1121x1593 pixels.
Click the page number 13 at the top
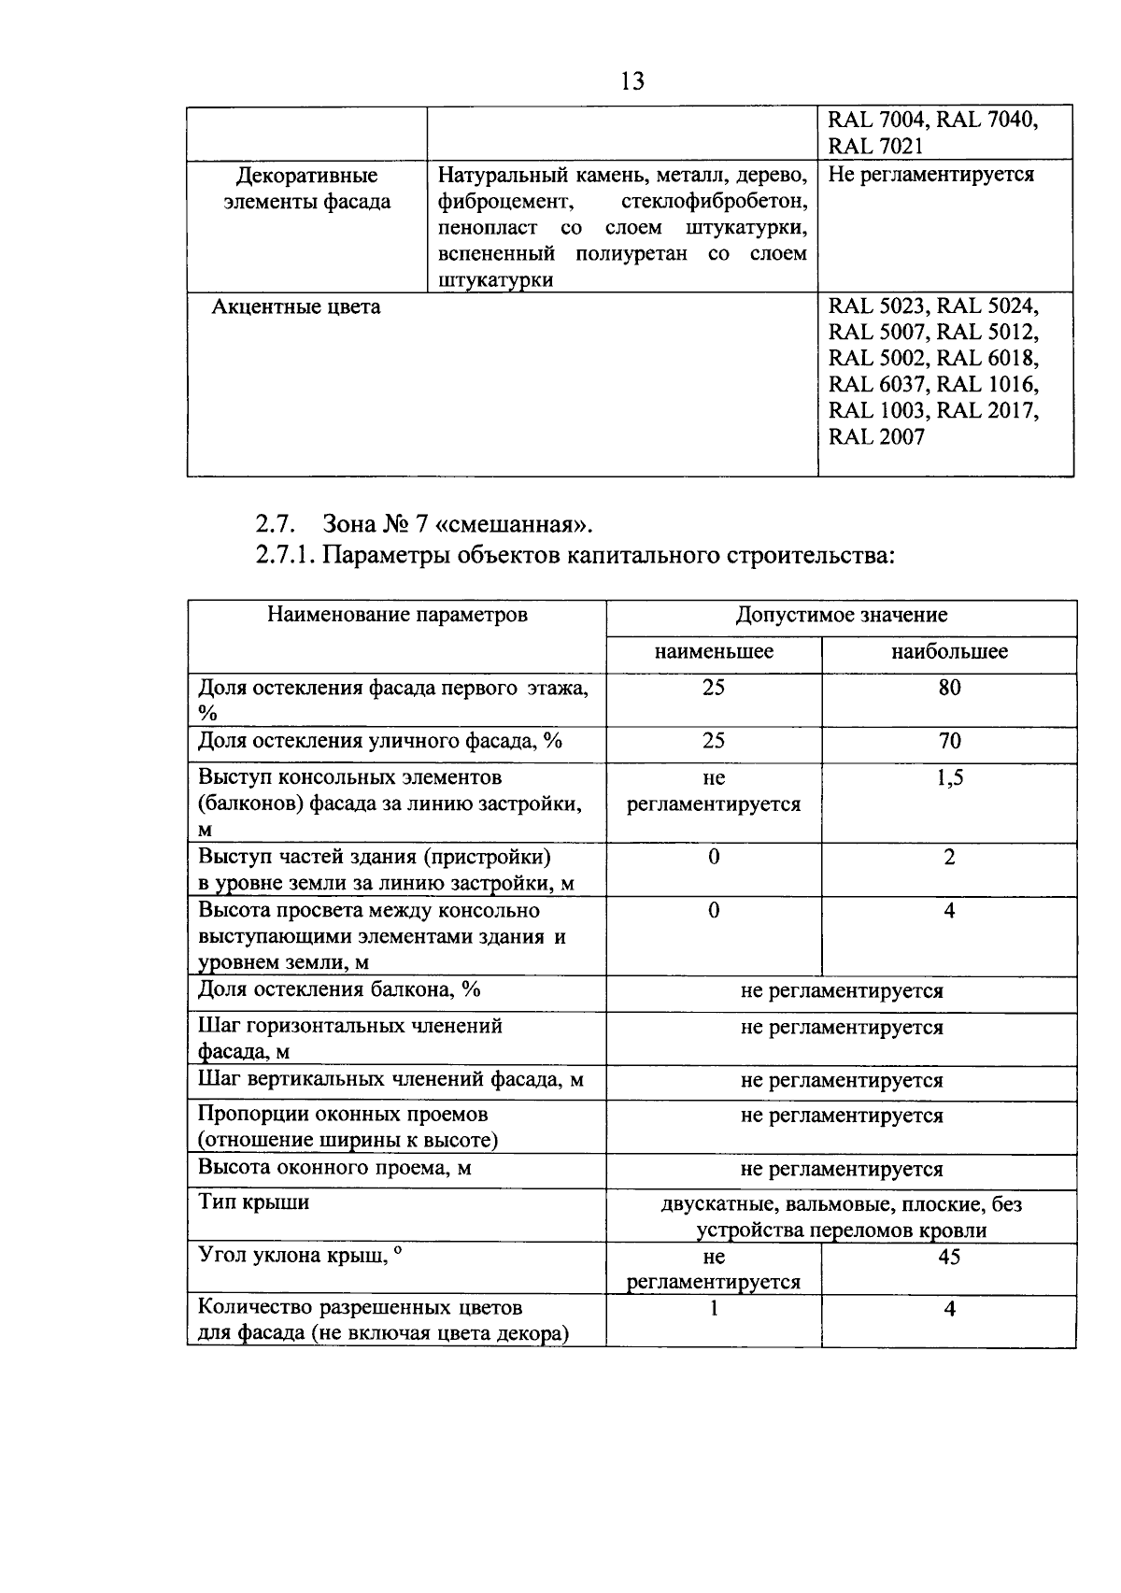pyautogui.click(x=631, y=81)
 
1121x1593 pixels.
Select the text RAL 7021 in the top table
pyautogui.click(x=875, y=146)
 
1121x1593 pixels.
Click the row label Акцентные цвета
pyautogui.click(x=296, y=306)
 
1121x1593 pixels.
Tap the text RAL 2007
pyautogui.click(x=876, y=436)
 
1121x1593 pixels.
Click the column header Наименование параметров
pyautogui.click(x=397, y=615)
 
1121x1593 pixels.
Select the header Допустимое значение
pyautogui.click(x=841, y=615)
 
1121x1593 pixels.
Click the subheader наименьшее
pyautogui.click(x=714, y=651)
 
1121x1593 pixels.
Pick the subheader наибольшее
pyautogui.click(x=949, y=651)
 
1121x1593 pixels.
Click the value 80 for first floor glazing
pyautogui.click(x=949, y=688)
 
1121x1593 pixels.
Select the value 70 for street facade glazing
pyautogui.click(x=949, y=741)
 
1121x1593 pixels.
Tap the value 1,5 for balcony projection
pyautogui.click(x=949, y=777)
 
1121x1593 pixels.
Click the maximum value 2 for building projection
pyautogui.click(x=949, y=857)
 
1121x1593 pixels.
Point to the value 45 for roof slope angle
pyautogui.click(x=949, y=1257)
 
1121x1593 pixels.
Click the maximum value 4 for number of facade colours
pyautogui.click(x=949, y=1309)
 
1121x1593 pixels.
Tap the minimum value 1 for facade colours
pyautogui.click(x=714, y=1309)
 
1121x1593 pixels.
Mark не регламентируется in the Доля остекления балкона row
pyautogui.click(x=841, y=990)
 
